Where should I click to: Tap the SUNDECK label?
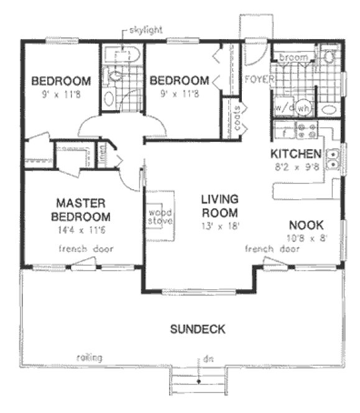tap(198, 329)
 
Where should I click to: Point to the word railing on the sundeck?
tap(89, 358)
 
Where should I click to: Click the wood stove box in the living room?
tap(160, 216)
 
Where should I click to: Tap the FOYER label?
tap(256, 80)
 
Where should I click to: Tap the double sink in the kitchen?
tap(335, 159)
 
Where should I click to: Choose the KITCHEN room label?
tap(295, 154)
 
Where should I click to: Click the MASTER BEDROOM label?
tap(83, 210)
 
